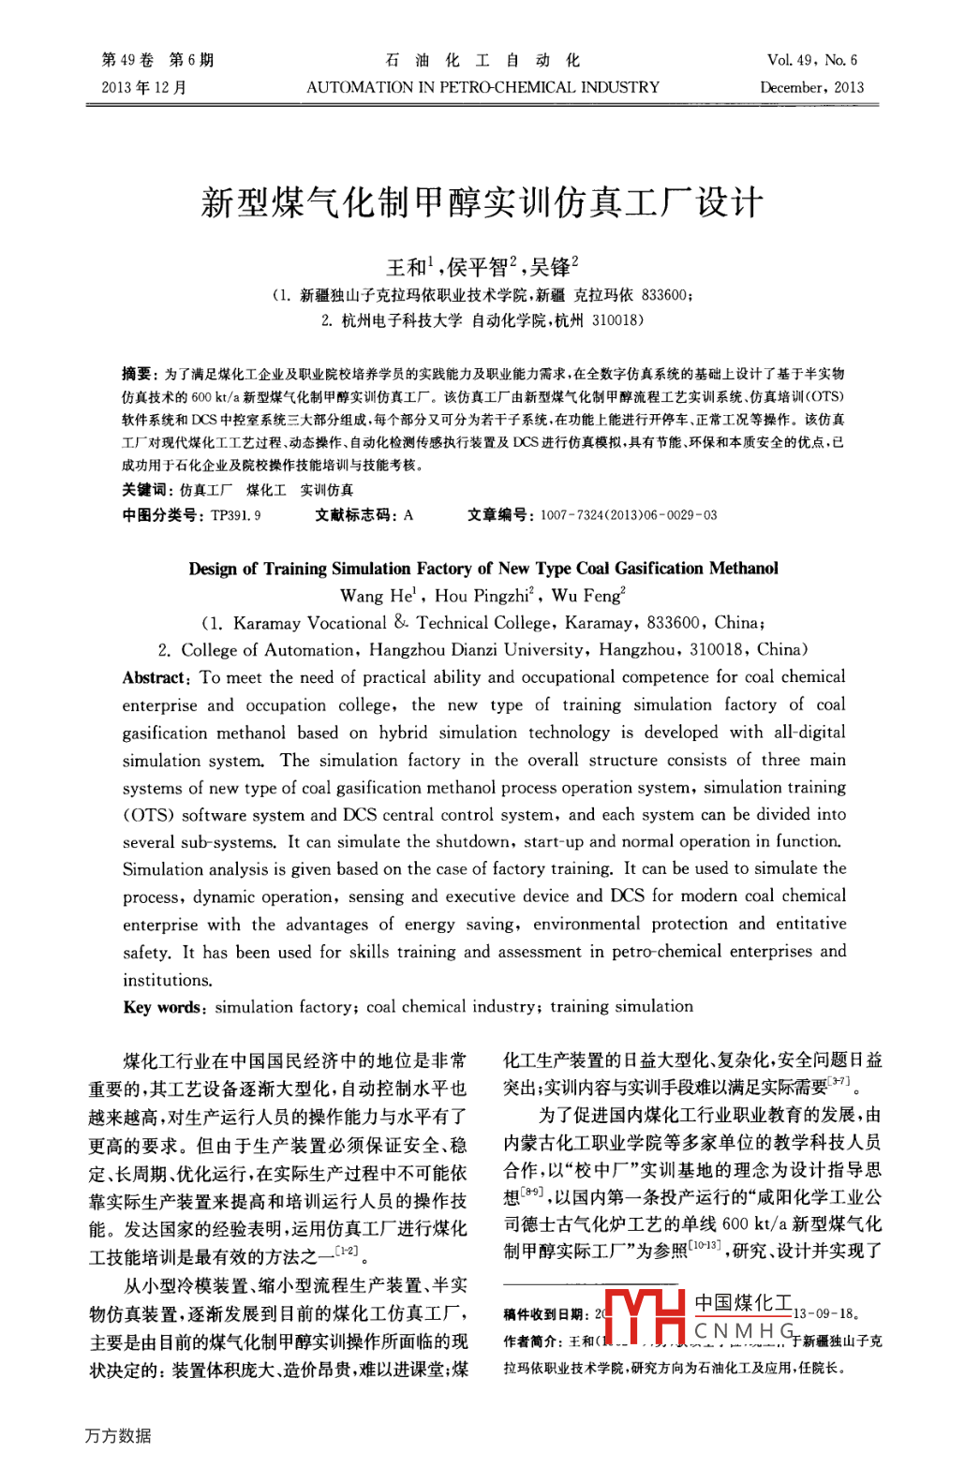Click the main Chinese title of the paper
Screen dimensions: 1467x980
[x=483, y=202]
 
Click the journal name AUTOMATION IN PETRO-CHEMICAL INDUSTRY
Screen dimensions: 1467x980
[x=483, y=87]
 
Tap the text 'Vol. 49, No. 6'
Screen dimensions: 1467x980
[x=811, y=60]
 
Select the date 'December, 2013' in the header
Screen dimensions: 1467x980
[x=811, y=87]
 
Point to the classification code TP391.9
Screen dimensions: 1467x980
[x=236, y=515]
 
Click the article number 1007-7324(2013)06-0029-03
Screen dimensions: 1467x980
[x=628, y=515]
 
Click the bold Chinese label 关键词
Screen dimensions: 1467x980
[x=146, y=490]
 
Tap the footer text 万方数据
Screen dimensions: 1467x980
[x=118, y=1436]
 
